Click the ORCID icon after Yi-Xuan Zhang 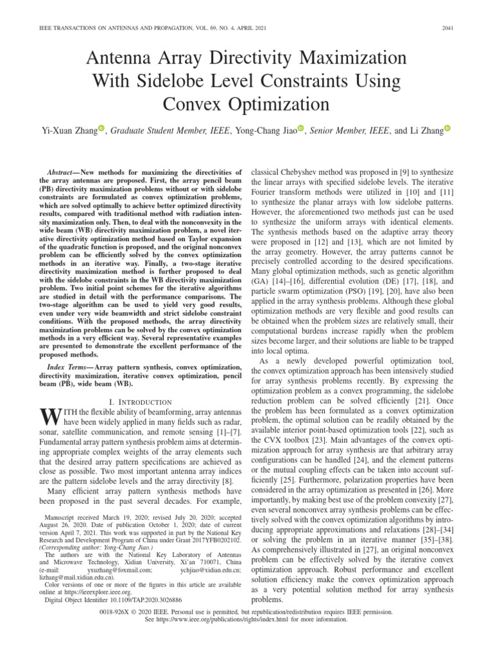[x=101, y=129]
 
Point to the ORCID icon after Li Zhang [x=447, y=129]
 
